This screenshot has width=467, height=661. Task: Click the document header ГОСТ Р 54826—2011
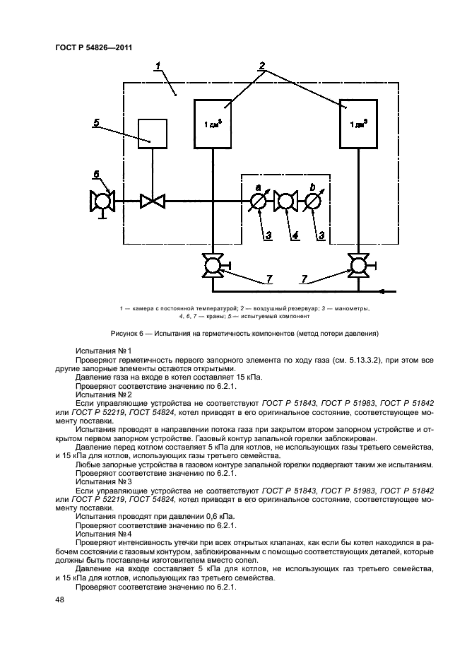pyautogui.click(x=93, y=48)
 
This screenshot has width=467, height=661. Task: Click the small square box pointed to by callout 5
pyautogui.click(x=152, y=133)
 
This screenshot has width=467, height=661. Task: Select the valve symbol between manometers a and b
pyautogui.click(x=286, y=202)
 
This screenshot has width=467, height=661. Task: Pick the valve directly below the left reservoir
pyautogui.click(x=213, y=267)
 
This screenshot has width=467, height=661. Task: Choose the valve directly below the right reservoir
pyautogui.click(x=357, y=267)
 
